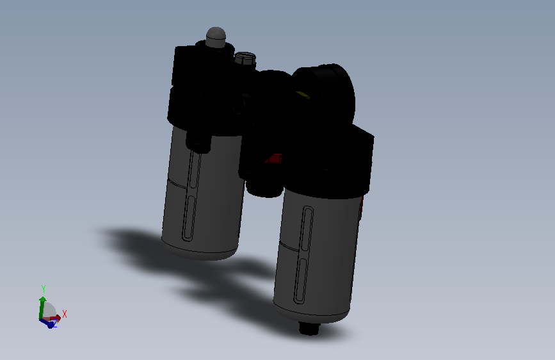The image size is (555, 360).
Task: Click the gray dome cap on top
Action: pyautogui.click(x=216, y=36)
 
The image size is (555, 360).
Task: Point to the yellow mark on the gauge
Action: pyautogui.click(x=302, y=96)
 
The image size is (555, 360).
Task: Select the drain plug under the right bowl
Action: pyautogui.click(x=310, y=328)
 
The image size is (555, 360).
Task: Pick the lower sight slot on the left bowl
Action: pyautogui.click(x=189, y=218)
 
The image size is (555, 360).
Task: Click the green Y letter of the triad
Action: pyautogui.click(x=44, y=289)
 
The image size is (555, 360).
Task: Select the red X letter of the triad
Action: pyautogui.click(x=65, y=314)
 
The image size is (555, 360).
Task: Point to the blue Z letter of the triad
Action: pyautogui.click(x=55, y=324)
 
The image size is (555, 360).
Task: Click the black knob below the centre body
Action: pyautogui.click(x=263, y=186)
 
